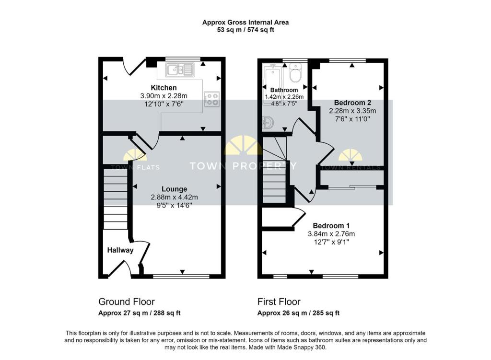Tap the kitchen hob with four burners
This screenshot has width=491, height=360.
(211, 99)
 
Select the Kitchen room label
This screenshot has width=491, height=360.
(164, 88)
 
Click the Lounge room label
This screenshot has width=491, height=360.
(174, 189)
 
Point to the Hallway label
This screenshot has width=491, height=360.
(120, 250)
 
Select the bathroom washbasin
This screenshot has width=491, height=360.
(268, 123)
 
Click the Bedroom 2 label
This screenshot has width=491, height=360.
(352, 103)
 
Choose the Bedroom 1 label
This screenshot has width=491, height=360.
(331, 226)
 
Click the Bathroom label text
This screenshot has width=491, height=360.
(284, 90)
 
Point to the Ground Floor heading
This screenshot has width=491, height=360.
(127, 302)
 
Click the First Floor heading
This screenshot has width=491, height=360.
(279, 302)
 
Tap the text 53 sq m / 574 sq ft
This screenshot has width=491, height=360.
(245, 30)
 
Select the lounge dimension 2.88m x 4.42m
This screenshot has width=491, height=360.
(174, 197)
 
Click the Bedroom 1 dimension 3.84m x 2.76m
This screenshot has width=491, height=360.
(331, 234)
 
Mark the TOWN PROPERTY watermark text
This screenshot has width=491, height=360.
(243, 166)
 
